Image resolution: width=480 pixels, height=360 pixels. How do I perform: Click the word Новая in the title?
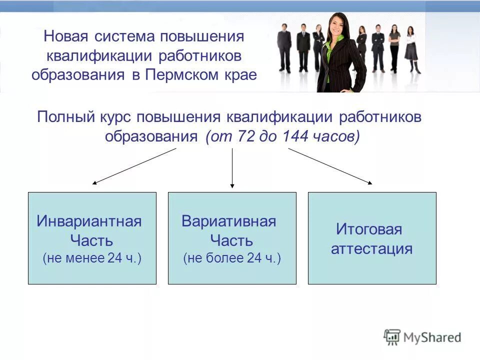(x=63, y=37)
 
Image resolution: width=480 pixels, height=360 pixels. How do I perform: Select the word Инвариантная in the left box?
(x=89, y=221)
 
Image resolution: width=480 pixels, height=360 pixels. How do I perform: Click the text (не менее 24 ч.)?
(x=92, y=258)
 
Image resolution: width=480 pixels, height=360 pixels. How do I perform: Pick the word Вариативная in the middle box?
(x=229, y=221)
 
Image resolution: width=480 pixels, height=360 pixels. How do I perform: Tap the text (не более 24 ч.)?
(x=232, y=258)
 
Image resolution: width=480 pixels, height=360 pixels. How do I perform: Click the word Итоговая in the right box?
(x=369, y=229)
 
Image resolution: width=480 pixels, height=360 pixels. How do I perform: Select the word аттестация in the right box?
(x=371, y=248)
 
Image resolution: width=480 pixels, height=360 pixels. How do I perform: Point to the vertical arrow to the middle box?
(x=232, y=168)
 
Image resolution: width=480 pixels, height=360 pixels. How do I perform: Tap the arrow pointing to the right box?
(x=330, y=166)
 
